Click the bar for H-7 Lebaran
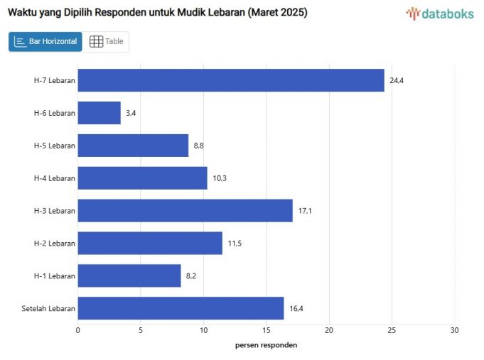coord(231,80)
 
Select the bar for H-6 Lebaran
coord(99,113)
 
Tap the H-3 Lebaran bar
coord(185,211)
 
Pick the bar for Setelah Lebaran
coord(181,308)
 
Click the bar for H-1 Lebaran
coord(129,276)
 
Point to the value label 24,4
coord(397,80)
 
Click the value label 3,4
coord(131,113)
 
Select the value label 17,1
coord(305,211)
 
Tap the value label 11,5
coord(235,244)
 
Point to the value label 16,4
coord(296,308)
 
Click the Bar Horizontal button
coord(45,42)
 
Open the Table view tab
coord(106,42)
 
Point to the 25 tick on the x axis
coord(392,330)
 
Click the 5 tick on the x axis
coord(141,330)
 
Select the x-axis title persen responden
coord(266,345)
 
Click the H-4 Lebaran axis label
coord(54,178)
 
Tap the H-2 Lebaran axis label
coord(54,244)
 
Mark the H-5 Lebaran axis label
coord(54,146)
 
